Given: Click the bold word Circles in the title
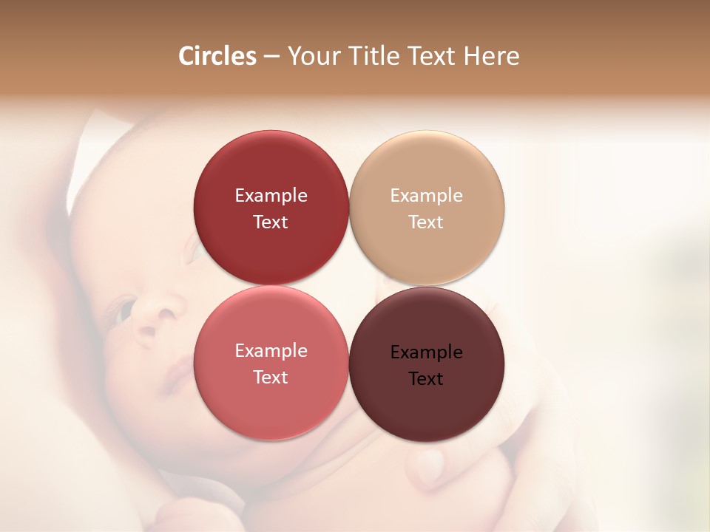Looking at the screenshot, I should coord(217,56).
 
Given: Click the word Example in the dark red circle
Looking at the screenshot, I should coord(271,196).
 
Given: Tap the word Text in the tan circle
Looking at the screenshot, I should coord(426,222).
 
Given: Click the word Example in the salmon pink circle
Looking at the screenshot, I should coord(271,351).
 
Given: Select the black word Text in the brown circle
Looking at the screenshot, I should coord(426,379).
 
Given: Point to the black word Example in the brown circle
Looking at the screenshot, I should coord(427,352).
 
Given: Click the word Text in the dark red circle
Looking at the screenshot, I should coord(271,222).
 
